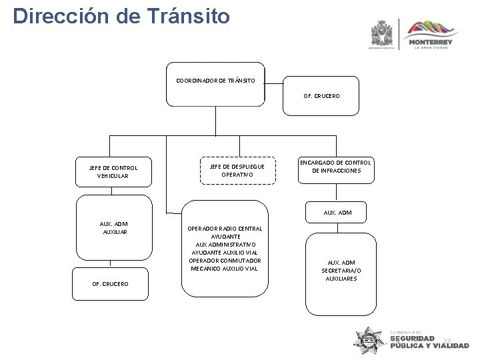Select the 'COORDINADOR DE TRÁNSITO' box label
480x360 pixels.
tap(215, 81)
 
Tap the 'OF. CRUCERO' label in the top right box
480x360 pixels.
tap(321, 96)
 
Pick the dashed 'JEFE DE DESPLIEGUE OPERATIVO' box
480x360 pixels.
tap(237, 170)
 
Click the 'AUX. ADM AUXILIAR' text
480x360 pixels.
tap(115, 228)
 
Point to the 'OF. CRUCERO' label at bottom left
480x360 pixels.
tap(111, 284)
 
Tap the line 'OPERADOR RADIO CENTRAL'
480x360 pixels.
tap(225, 229)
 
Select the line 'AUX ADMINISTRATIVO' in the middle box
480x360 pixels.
tap(225, 245)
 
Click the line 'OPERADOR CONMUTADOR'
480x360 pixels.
tap(225, 261)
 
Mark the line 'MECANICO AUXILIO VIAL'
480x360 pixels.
tap(225, 269)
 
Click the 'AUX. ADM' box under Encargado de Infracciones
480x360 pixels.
tap(337, 213)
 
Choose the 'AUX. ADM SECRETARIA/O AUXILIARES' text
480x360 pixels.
tap(341, 271)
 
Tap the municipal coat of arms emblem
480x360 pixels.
tap(382, 33)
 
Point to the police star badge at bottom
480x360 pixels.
tap(369, 342)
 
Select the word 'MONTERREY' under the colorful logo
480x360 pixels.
tap(433, 42)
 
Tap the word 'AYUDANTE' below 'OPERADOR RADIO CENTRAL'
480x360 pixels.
tap(225, 237)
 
